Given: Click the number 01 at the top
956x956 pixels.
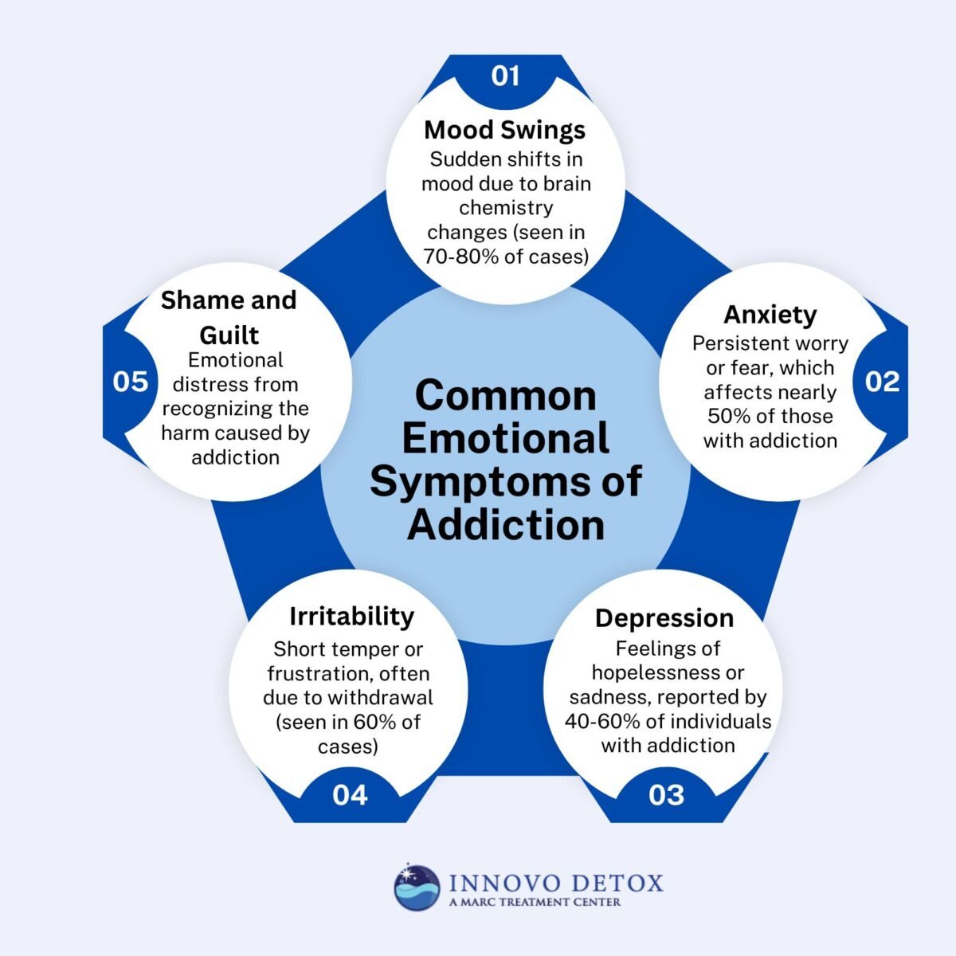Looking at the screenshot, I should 505,76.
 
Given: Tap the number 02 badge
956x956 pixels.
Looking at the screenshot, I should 882,382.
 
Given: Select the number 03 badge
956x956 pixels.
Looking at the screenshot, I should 666,794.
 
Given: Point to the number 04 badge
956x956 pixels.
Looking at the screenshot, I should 350,794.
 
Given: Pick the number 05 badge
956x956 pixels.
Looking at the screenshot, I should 131,382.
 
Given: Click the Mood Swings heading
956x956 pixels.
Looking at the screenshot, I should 504,129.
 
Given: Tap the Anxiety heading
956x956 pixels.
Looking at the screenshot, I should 770,314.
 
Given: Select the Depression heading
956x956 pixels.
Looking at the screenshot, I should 664,617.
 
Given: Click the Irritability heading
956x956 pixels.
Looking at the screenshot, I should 351,616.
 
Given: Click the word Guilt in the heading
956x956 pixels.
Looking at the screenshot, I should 229,334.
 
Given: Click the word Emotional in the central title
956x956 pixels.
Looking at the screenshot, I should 505,439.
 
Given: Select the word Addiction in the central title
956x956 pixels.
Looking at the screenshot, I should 505,524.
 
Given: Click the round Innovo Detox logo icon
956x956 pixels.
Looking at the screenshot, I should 417,887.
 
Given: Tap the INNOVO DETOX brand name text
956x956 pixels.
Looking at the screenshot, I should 555,883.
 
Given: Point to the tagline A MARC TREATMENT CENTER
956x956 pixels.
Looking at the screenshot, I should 535,902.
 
